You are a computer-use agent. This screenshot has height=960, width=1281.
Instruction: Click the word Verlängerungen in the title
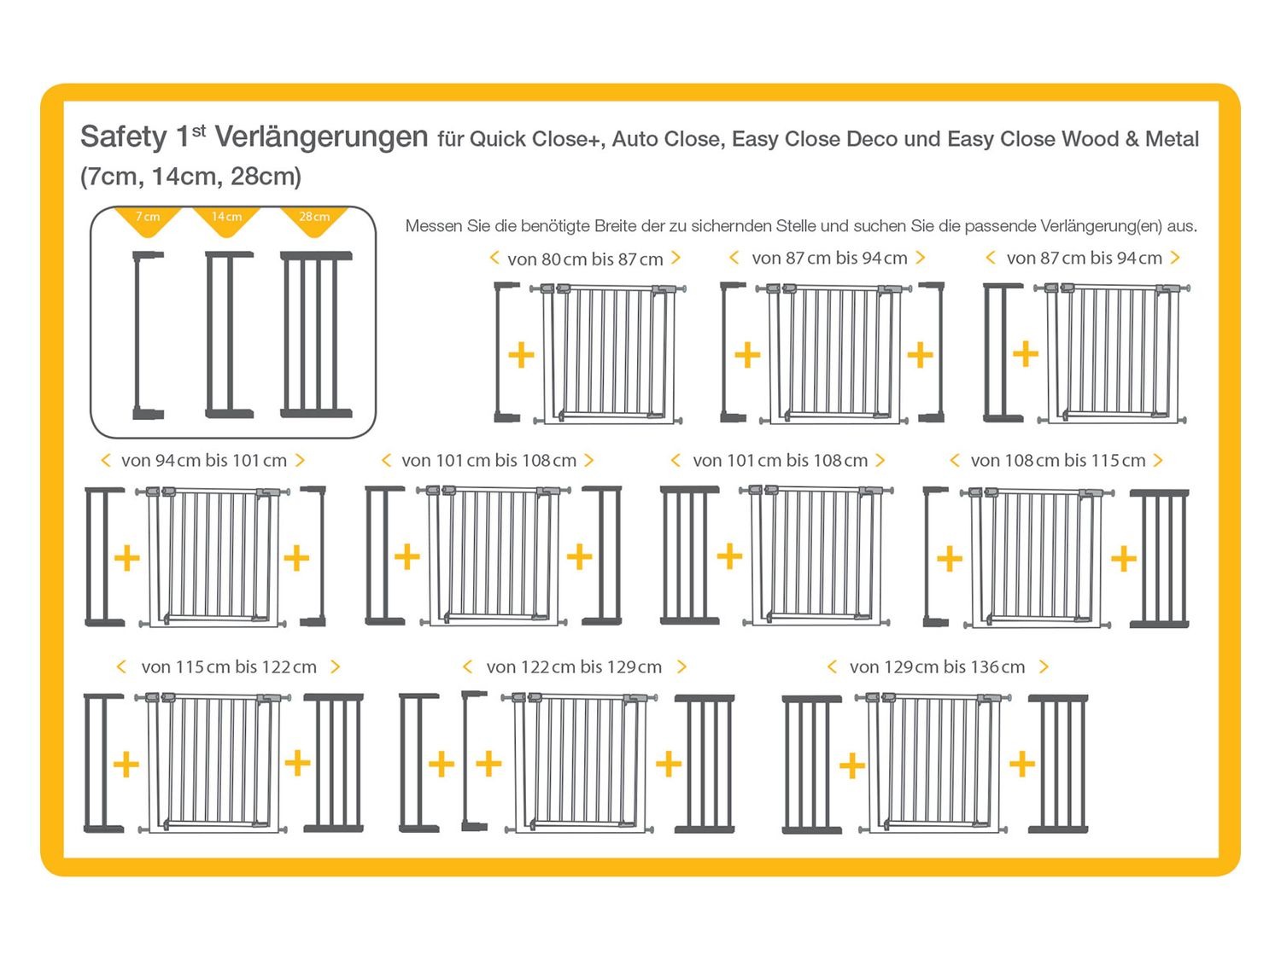(x=321, y=137)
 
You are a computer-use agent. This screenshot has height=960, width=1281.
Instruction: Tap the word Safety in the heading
(x=123, y=137)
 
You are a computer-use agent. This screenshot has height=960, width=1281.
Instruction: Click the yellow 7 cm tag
(x=148, y=218)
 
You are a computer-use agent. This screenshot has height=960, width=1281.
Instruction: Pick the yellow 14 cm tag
(x=226, y=218)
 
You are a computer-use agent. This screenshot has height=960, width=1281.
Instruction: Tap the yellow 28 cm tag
(x=314, y=218)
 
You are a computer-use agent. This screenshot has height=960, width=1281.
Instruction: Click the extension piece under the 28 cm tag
(x=316, y=335)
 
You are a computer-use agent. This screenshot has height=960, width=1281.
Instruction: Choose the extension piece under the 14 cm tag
(x=229, y=335)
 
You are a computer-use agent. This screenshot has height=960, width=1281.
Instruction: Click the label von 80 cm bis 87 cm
(x=585, y=259)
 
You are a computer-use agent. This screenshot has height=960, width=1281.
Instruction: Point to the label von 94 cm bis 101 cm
(x=203, y=461)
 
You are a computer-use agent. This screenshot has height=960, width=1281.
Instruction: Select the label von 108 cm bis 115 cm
(x=1057, y=461)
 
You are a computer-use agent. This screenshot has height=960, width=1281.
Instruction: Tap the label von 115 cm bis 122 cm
(x=229, y=667)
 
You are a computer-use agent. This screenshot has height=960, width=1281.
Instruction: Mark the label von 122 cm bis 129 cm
(x=574, y=667)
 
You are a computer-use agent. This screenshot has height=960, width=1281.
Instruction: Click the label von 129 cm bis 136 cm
(x=937, y=667)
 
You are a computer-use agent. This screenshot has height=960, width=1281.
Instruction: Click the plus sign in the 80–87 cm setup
(x=521, y=355)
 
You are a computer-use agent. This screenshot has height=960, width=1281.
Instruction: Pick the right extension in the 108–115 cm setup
(x=1159, y=558)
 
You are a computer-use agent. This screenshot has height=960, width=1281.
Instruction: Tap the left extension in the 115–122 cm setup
(x=102, y=762)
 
